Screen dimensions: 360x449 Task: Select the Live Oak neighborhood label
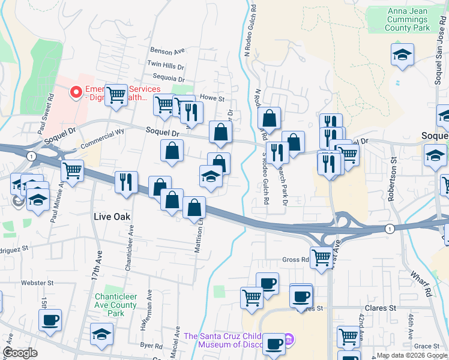pyautogui.click(x=112, y=216)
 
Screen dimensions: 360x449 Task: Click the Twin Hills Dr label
pyautogui.click(x=166, y=64)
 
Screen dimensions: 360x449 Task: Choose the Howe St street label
pyautogui.click(x=211, y=98)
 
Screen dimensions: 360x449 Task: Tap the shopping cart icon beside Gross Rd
pyautogui.click(x=322, y=258)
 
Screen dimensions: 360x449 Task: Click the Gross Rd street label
pyautogui.click(x=295, y=260)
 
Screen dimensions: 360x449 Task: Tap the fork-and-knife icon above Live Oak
pyautogui.click(x=126, y=182)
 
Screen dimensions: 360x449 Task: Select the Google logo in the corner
pyautogui.click(x=20, y=353)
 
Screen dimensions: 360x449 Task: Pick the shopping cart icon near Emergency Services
pyautogui.click(x=116, y=94)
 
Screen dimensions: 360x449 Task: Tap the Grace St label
pyautogui.click(x=427, y=346)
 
